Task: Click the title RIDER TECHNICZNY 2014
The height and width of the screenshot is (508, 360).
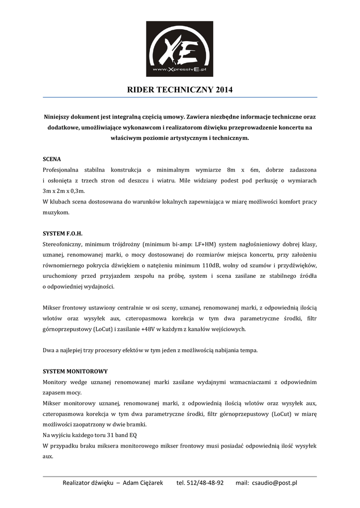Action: (180, 90)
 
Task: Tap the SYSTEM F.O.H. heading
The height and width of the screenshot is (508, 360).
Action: (63, 234)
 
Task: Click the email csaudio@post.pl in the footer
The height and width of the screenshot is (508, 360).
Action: (274, 483)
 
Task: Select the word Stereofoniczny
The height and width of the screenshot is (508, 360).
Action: (62, 244)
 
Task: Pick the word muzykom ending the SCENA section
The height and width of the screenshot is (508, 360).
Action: (56, 212)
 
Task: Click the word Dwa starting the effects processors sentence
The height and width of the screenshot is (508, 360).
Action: (49, 350)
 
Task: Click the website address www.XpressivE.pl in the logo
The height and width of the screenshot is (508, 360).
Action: (179, 70)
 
